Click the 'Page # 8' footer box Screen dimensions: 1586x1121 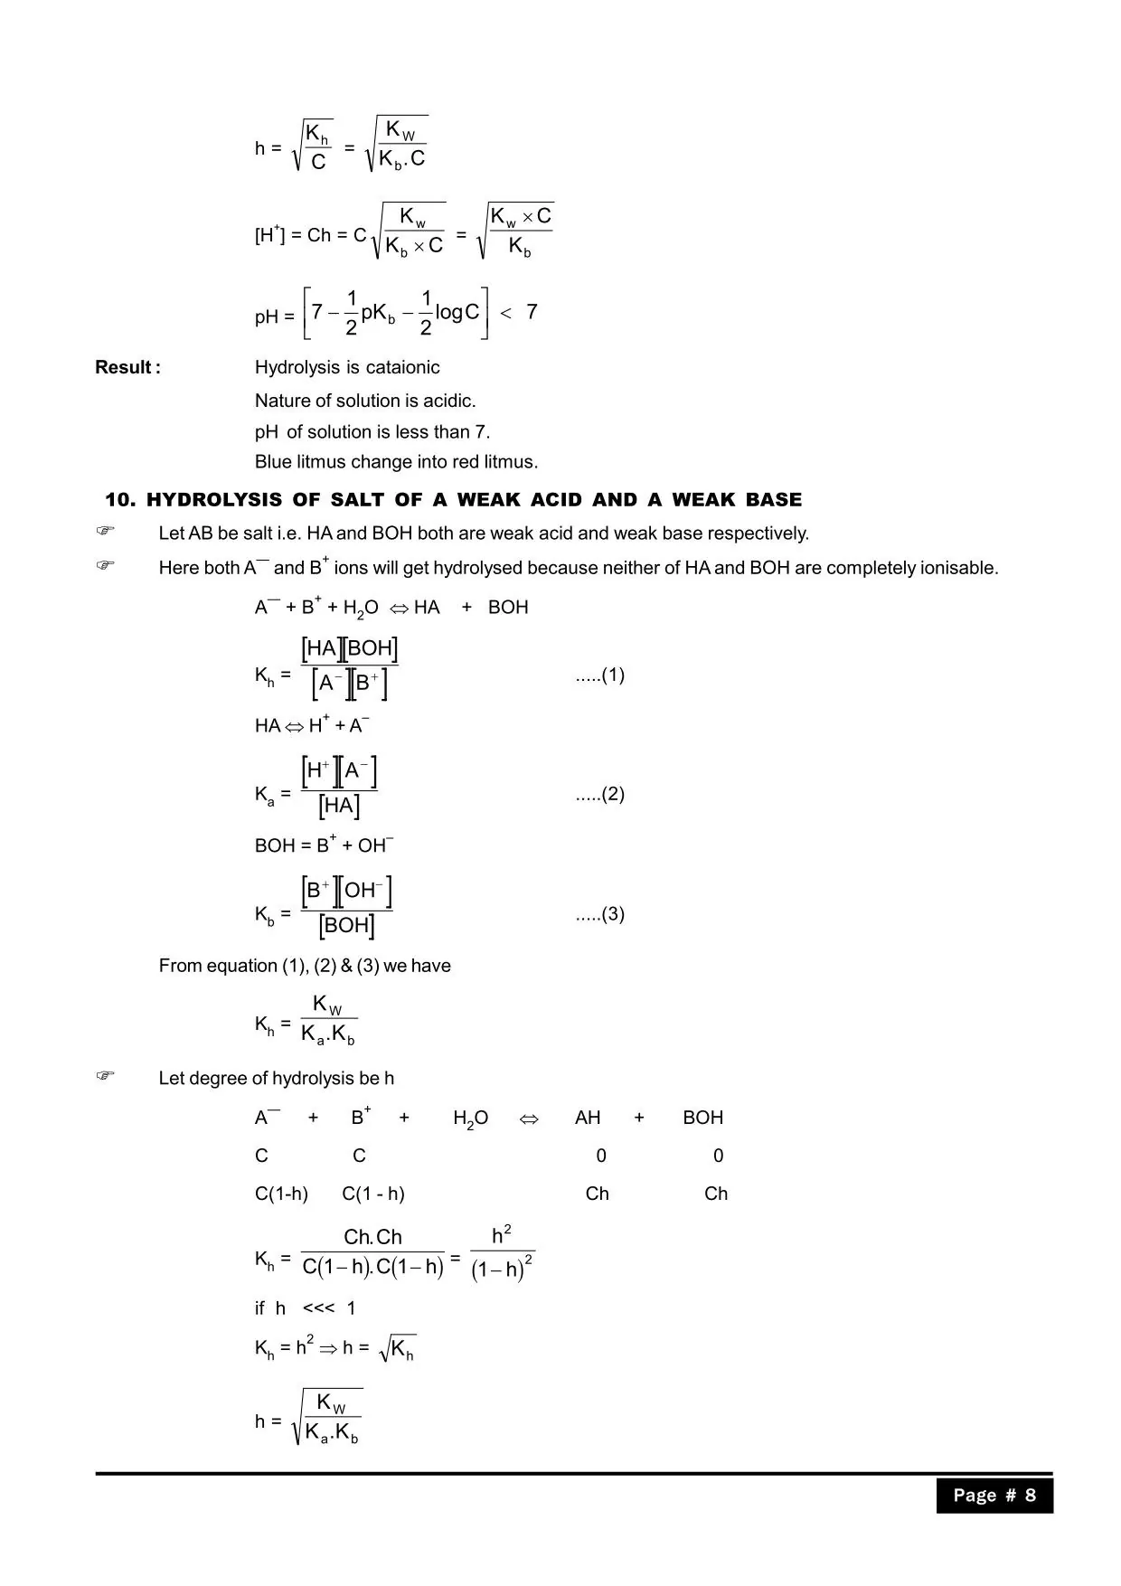[994, 1495]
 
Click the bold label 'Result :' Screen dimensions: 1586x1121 [127, 367]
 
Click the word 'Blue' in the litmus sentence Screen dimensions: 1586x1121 [273, 462]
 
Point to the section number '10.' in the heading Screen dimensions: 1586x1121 [120, 500]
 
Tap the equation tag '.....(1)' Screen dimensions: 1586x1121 [599, 675]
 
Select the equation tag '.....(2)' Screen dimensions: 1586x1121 [599, 794]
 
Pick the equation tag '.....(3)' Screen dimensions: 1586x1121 [599, 913]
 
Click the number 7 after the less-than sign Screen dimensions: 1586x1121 [532, 312]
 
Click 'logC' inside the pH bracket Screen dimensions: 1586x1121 [457, 312]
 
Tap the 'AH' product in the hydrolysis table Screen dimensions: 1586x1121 [588, 1118]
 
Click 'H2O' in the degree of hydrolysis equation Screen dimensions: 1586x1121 [470, 1119]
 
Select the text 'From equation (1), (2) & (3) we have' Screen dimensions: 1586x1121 [305, 966]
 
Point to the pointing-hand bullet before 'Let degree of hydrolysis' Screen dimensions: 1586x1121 [106, 1076]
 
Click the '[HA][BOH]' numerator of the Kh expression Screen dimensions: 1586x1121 [349, 648]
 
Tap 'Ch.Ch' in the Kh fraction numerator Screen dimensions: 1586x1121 [372, 1237]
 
